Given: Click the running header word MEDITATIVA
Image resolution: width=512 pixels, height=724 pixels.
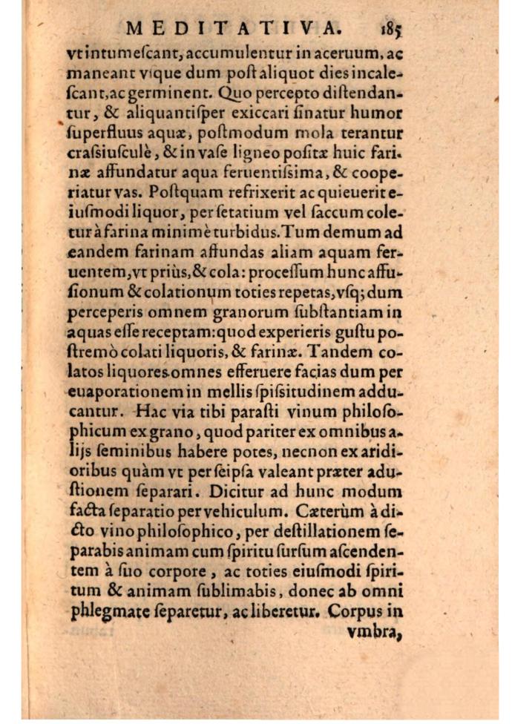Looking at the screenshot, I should coord(234,29).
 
